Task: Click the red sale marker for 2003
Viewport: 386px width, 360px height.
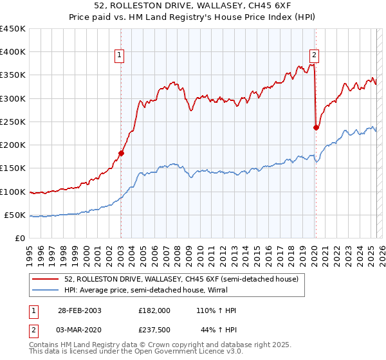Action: coord(121,153)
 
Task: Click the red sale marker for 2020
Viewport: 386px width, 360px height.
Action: coord(316,127)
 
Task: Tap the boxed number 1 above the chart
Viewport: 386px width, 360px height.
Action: coord(120,56)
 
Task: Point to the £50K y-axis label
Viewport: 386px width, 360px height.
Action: coord(15,215)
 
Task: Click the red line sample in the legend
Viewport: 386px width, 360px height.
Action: coord(46,280)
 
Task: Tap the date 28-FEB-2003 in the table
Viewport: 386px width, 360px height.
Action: coord(79,310)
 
